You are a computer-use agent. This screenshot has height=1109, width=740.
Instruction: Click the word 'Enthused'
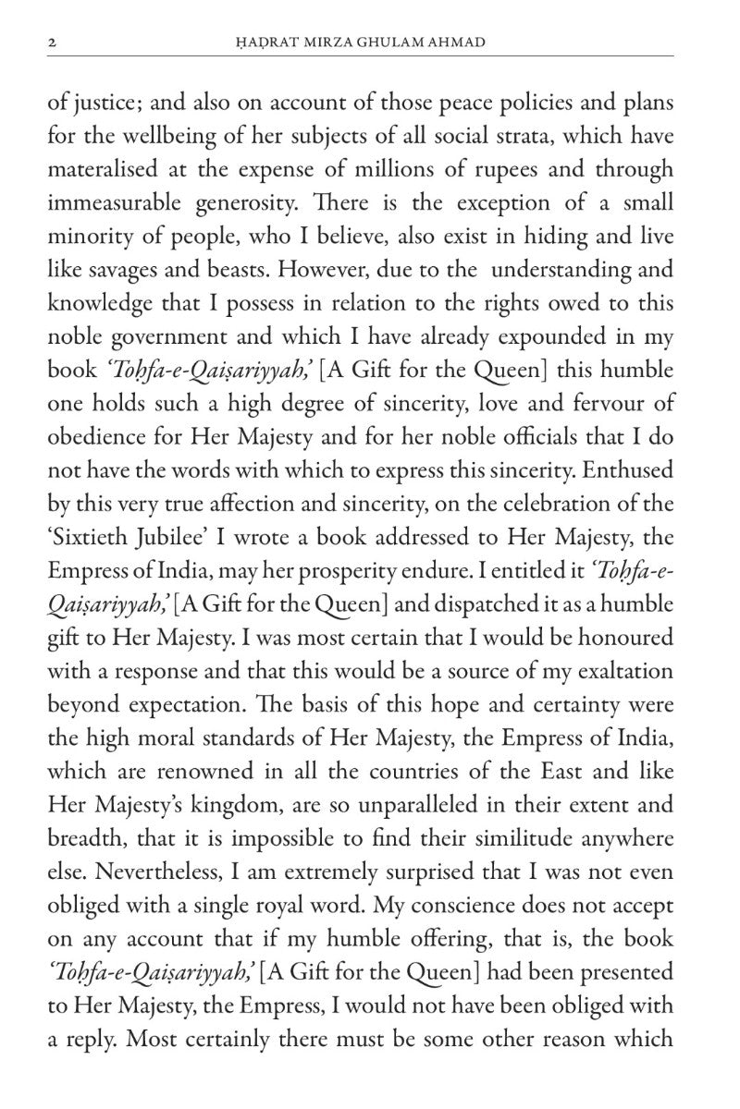634,470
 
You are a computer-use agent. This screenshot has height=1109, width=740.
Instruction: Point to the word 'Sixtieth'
86,538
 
